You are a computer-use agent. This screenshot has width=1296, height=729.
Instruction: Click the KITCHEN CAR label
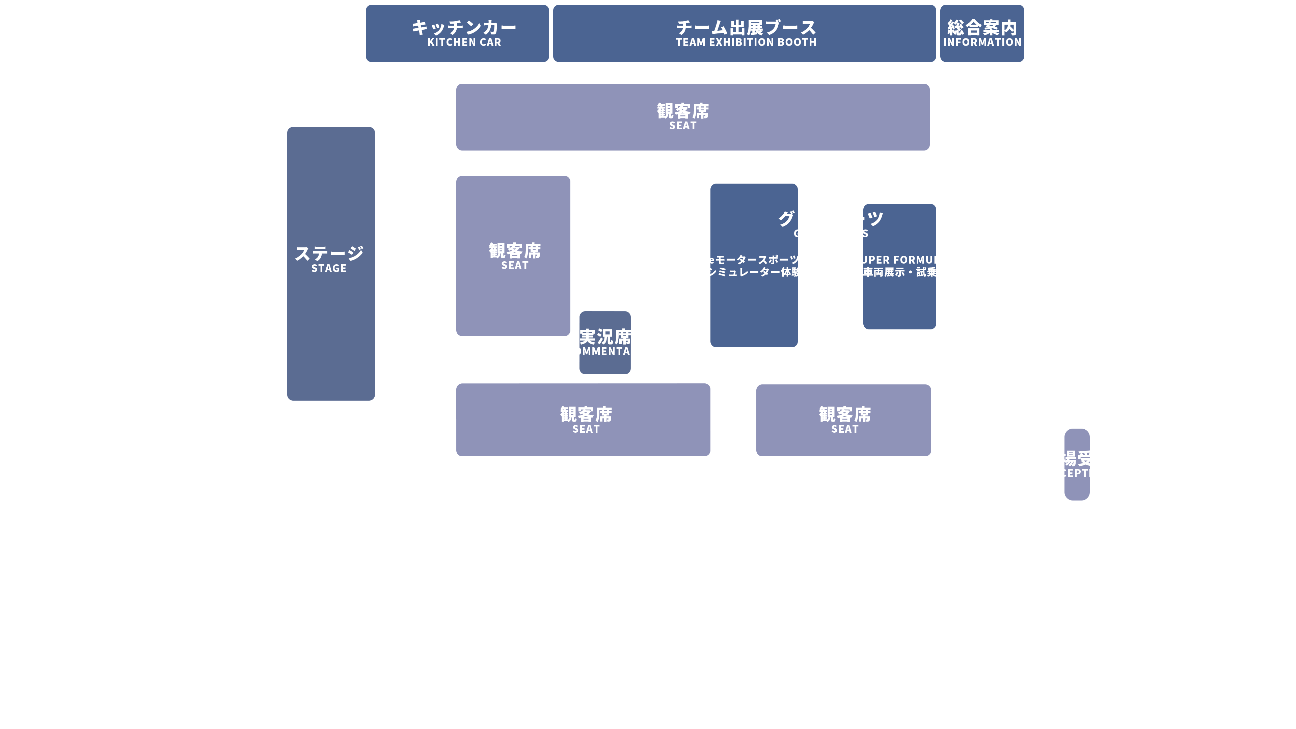point(463,33)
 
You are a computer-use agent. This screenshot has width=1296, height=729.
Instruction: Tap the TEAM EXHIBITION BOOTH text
point(746,33)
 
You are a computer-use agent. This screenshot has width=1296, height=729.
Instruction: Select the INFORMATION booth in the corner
point(981,33)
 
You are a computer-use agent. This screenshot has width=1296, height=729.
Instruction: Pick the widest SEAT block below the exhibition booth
point(692,117)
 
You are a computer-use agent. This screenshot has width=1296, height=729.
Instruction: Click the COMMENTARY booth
point(605,343)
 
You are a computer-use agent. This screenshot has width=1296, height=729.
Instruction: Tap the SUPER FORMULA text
point(899,266)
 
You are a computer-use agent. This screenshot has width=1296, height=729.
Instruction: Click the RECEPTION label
point(1077,464)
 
